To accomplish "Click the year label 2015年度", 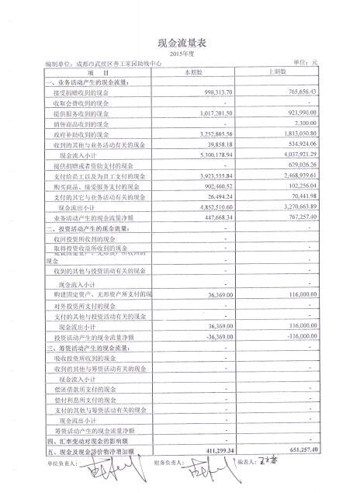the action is (179, 54).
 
